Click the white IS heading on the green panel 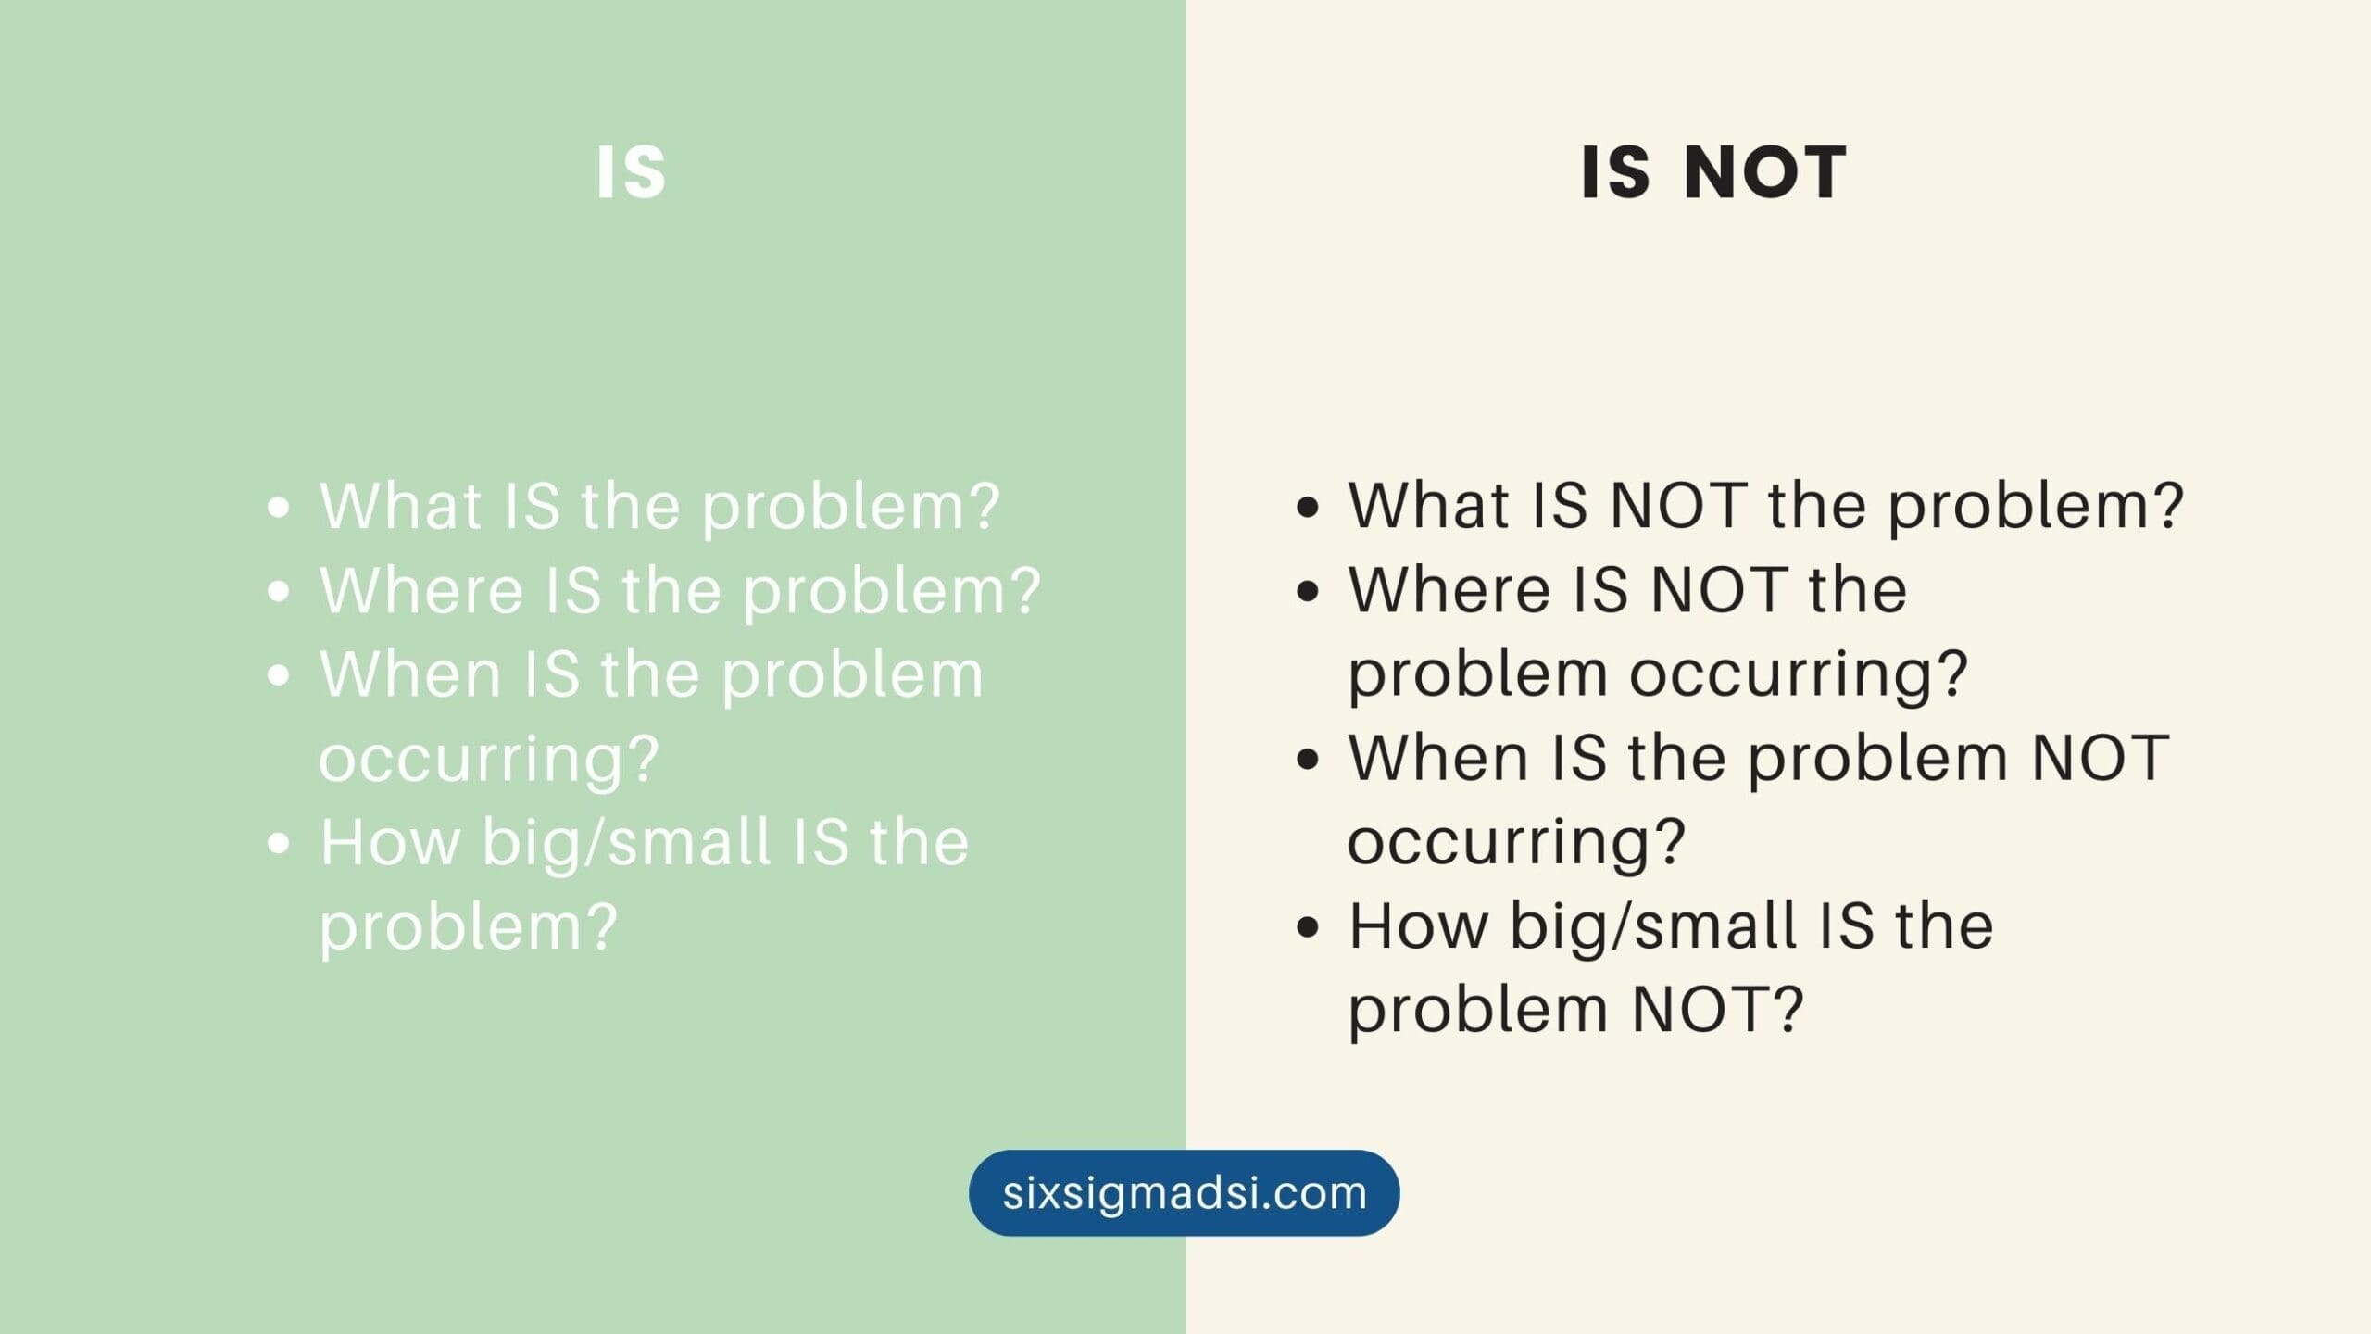click(x=631, y=172)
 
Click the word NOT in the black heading click(x=1765, y=172)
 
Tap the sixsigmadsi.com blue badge click(x=1185, y=1192)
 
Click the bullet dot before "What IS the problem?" click(x=278, y=508)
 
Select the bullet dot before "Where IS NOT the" click(x=1308, y=591)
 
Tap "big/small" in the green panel click(x=627, y=843)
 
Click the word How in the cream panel click(x=1418, y=925)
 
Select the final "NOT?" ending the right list click(x=1718, y=1009)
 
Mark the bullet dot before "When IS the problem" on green click(x=278, y=675)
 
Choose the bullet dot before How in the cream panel click(x=1308, y=927)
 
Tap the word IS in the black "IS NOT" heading click(x=1615, y=172)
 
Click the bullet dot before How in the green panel click(x=278, y=843)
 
